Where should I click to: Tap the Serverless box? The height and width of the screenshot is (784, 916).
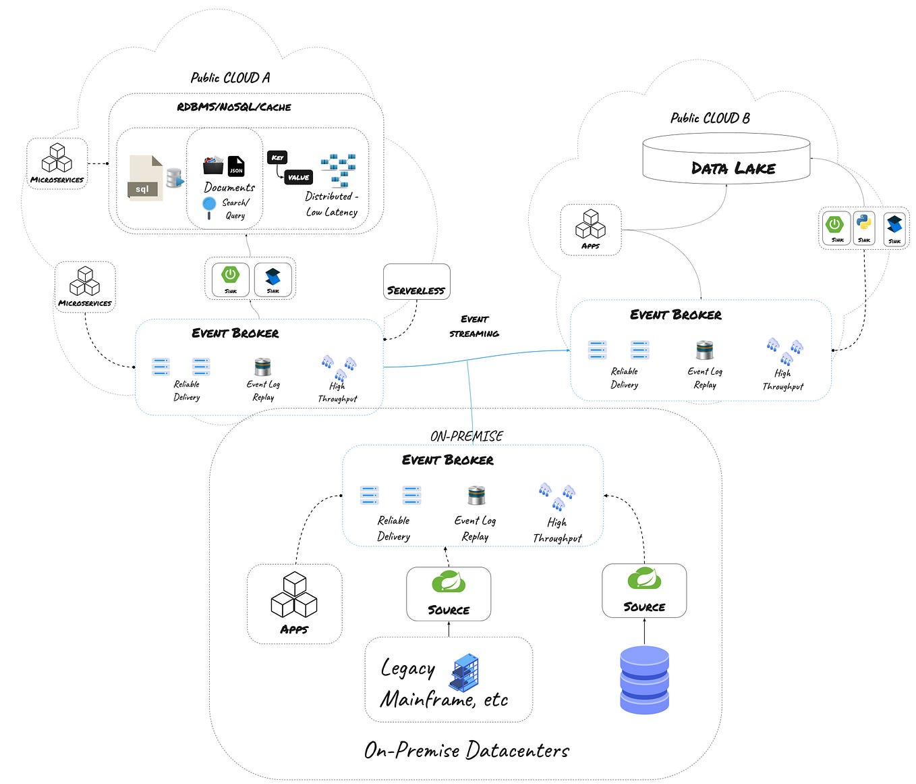click(x=416, y=282)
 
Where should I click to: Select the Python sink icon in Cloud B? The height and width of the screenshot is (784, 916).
click(x=863, y=226)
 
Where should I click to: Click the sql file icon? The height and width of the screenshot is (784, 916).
click(x=146, y=178)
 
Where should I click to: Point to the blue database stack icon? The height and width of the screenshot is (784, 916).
click(x=644, y=680)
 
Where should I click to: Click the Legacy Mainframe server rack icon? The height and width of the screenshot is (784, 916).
click(x=465, y=673)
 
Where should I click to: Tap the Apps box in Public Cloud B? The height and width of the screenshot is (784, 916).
click(x=590, y=230)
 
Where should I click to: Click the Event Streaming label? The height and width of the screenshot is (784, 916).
click(x=474, y=326)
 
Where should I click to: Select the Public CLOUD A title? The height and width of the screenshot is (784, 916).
click(x=230, y=78)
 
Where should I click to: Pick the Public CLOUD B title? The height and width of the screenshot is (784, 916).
click(x=710, y=118)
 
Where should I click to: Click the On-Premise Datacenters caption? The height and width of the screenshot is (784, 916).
click(x=466, y=750)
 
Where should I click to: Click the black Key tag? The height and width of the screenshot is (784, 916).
click(x=277, y=157)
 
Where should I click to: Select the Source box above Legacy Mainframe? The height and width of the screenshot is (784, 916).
click(x=449, y=594)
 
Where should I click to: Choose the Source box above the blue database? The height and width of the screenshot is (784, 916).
click(x=644, y=590)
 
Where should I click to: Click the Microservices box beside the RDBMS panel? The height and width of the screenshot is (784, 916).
click(x=57, y=163)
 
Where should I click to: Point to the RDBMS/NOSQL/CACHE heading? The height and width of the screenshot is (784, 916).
click(x=234, y=107)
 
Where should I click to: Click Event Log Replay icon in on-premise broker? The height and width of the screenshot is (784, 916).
click(x=477, y=495)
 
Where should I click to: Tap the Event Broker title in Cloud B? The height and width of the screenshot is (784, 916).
click(x=675, y=315)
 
